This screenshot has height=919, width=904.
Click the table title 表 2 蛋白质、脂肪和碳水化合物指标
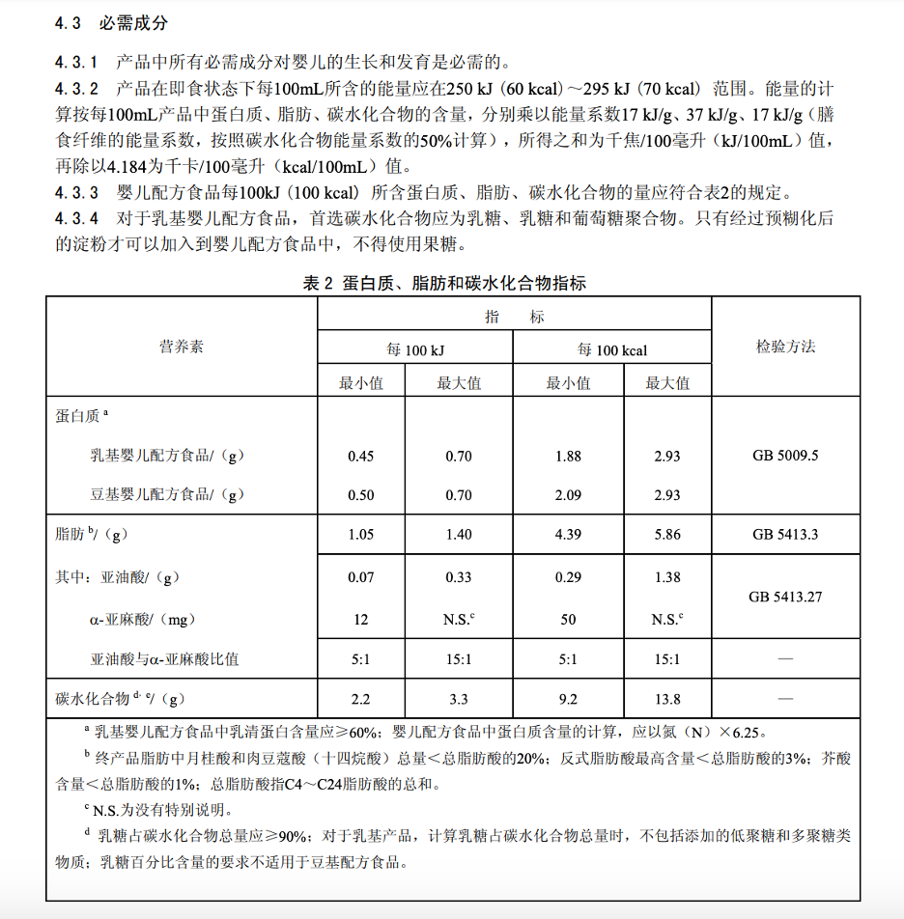444,283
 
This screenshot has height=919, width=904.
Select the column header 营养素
182,347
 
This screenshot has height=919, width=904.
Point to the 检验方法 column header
785,347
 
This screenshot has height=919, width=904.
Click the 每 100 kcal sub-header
612,349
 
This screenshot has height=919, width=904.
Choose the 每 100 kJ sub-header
415,349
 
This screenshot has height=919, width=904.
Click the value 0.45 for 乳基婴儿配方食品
360,456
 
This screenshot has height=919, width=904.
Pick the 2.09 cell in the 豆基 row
568,495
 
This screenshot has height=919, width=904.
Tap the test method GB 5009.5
785,456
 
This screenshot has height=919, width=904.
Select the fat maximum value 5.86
666,535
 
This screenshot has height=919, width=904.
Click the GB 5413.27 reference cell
785,597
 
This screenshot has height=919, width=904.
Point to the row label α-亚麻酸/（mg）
149,619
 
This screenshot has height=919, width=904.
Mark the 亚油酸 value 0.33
459,577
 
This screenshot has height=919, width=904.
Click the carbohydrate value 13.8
666,699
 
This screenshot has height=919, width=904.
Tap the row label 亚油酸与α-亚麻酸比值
164,660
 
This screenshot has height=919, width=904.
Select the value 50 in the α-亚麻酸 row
568,619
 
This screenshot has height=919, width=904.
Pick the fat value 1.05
360,535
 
